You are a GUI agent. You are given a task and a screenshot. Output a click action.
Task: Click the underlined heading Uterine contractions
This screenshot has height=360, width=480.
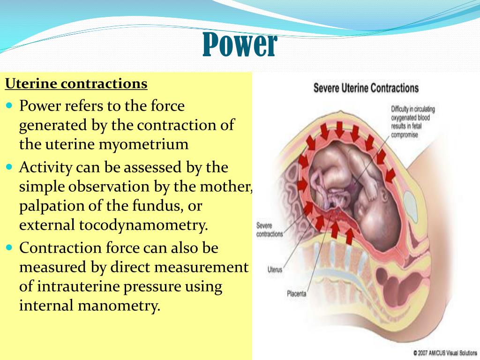point(76,84)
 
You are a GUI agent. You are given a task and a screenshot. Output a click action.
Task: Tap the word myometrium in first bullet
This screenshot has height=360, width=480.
point(143,144)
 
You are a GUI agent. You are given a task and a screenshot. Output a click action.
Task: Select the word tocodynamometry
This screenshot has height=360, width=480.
point(145,225)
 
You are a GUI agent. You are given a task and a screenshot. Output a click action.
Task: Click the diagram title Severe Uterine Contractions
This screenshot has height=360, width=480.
point(366,88)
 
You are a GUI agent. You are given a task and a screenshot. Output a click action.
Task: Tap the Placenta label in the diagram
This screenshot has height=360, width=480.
point(296,294)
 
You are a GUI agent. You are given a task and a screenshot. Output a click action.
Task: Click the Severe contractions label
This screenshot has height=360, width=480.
point(270,229)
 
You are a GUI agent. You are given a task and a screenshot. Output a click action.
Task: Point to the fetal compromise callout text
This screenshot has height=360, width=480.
point(413,121)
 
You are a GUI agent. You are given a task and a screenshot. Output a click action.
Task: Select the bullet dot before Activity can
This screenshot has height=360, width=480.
point(10,167)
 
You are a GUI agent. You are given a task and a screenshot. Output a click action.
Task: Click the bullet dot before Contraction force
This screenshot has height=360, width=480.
point(10,247)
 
